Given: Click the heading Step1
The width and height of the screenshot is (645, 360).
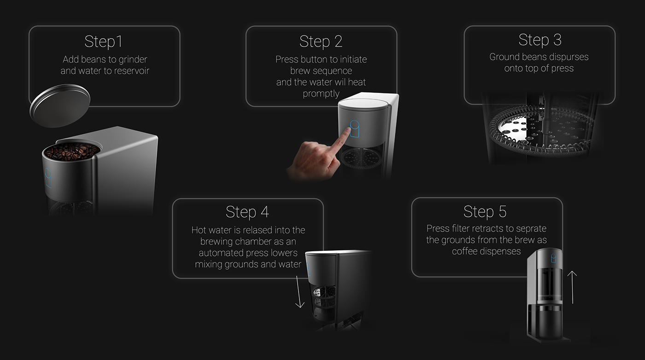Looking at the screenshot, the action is click(104, 42).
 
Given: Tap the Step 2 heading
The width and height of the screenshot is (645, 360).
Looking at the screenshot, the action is click(321, 42).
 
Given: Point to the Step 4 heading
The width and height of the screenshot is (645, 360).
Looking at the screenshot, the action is click(247, 212).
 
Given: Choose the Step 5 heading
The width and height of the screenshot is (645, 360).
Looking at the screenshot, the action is click(485, 212).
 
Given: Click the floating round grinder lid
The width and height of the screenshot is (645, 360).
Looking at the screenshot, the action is click(60, 105).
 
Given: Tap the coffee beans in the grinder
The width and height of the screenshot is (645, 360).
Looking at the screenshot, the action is click(72, 151).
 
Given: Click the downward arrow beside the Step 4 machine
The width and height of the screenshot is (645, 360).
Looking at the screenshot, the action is click(299, 291).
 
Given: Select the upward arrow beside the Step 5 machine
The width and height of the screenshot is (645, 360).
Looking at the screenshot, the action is click(572, 287).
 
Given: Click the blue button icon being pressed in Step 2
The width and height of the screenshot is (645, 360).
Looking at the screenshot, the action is click(355, 128).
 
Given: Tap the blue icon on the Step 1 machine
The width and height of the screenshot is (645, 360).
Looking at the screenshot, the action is click(48, 178).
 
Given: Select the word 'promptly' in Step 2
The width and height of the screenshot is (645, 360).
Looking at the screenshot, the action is click(321, 94).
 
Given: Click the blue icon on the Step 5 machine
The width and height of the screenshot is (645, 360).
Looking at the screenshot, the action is click(553, 258).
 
